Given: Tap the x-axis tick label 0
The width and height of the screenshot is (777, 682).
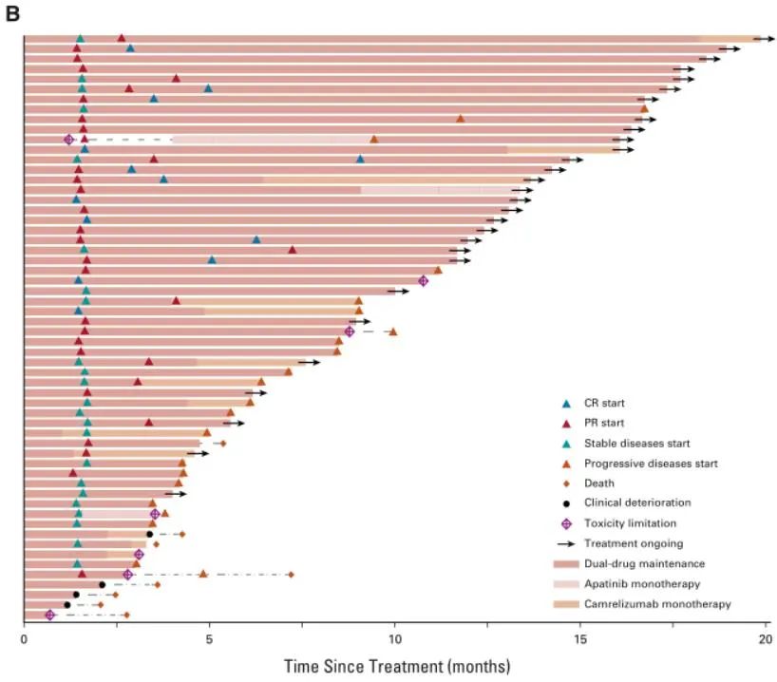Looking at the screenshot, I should (x=24, y=639).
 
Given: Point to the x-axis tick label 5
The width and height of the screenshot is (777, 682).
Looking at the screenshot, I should (x=209, y=639).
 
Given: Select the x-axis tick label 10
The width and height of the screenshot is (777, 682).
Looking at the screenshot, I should (x=394, y=639).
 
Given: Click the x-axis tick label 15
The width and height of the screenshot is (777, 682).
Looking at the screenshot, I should (x=580, y=639).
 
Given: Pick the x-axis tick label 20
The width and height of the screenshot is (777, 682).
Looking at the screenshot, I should (x=766, y=639).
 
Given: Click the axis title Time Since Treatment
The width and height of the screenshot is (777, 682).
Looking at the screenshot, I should (x=396, y=664).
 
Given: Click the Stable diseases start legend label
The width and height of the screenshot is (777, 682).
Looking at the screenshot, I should (x=636, y=444).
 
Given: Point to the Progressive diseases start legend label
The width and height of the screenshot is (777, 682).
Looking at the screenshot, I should (x=651, y=464).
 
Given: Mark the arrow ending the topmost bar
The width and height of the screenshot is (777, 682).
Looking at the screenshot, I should (x=765, y=39).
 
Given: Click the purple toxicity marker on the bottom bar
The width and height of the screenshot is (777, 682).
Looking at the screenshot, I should (x=50, y=616).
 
